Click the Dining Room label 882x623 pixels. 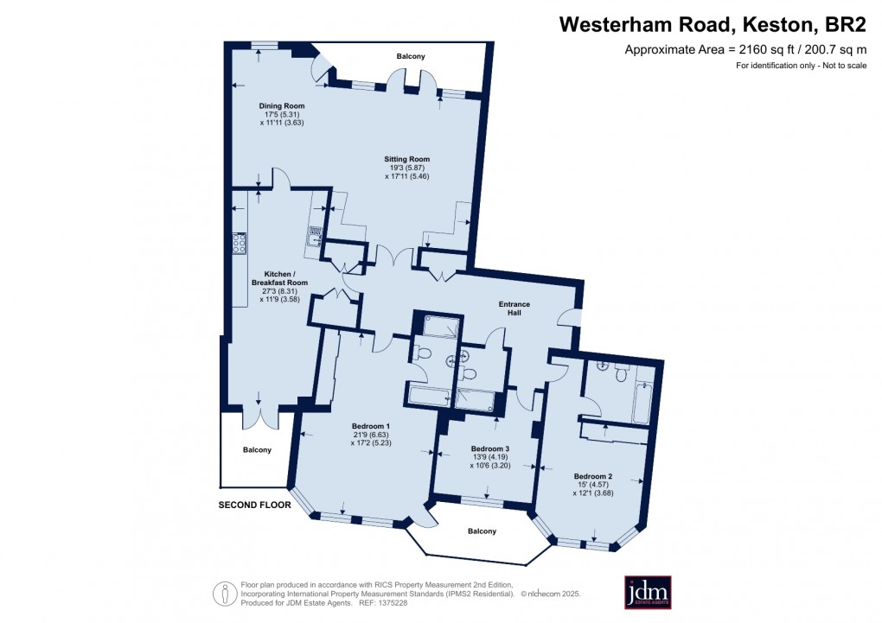[282, 106]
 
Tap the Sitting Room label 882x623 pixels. [406, 159]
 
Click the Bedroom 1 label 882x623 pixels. [371, 426]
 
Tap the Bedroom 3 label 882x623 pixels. [489, 448]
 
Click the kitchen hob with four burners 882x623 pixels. [237, 243]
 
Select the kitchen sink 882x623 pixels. [316, 234]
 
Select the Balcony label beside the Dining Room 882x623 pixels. [411, 57]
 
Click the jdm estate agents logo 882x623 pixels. [648, 592]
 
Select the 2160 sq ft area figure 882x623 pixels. [751, 50]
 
